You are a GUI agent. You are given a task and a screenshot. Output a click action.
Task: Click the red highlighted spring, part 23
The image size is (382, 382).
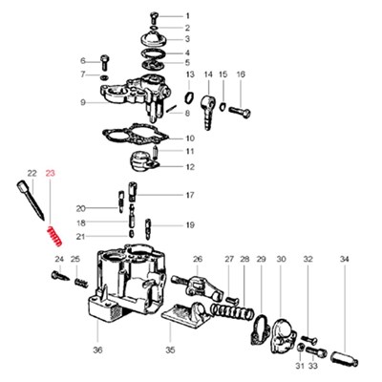(x=54, y=236)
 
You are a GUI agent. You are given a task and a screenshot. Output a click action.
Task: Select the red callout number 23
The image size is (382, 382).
(x=51, y=174)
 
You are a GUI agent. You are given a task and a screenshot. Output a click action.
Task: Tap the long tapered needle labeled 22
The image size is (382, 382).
(x=31, y=200)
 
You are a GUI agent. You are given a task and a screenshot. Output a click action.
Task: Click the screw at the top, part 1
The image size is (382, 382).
(x=154, y=17)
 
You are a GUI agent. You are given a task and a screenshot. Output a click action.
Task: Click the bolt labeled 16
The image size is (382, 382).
(x=240, y=113)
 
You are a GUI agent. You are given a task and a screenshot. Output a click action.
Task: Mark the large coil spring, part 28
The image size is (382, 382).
(x=232, y=311)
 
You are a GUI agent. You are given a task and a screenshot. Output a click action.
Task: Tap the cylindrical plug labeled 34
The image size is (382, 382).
(x=345, y=358)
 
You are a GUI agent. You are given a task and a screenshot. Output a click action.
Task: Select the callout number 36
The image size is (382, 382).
(x=98, y=350)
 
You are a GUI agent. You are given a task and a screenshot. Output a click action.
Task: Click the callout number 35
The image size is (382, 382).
(x=170, y=350)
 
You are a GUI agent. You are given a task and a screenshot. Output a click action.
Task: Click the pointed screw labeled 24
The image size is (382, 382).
(x=60, y=276)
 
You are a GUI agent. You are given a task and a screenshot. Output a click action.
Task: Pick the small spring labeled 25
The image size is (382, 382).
(x=81, y=283)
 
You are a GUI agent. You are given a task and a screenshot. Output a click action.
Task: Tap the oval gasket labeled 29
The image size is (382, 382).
(x=259, y=329)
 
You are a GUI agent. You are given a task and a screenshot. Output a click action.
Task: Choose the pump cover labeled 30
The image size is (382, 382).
(x=282, y=336)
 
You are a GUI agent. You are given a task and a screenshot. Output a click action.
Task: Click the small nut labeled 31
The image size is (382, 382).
(x=300, y=348)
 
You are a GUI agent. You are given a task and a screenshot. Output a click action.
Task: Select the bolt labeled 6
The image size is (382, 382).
(x=104, y=62)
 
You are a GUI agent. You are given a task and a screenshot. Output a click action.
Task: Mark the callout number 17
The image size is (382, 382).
(x=190, y=195)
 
